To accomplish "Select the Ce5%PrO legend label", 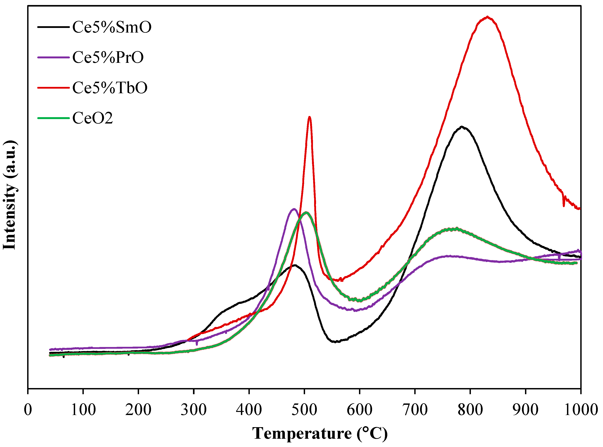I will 108,57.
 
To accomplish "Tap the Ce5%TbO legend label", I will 110,88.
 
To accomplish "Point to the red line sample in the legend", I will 54,88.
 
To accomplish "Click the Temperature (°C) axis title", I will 320,434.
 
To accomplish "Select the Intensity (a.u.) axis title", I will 10,195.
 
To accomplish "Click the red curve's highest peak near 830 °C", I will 487,17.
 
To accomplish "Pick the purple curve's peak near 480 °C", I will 294,209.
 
